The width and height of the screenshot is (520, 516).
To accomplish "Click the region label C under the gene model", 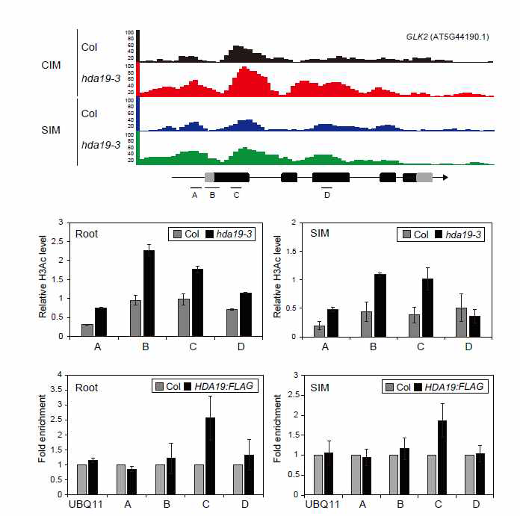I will pos(237,196).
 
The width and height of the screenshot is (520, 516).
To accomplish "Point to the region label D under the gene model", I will pos(326,196).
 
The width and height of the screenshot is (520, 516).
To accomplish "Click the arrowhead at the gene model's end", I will pos(445,178).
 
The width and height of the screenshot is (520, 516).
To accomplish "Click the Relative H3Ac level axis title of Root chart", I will pos(43,278).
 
